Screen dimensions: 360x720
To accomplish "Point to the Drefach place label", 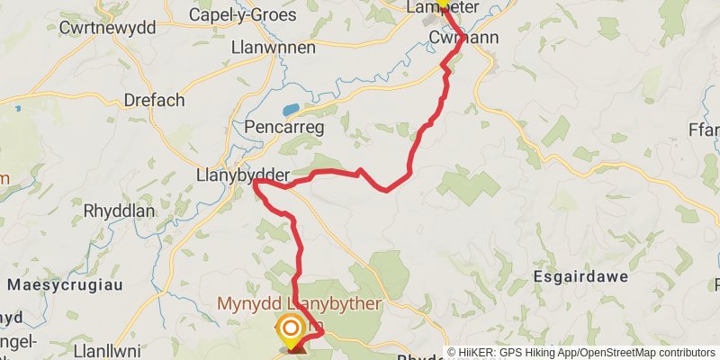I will [155, 100].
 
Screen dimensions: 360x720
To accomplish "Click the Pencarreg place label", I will [283, 128].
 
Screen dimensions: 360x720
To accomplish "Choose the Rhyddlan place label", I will [120, 211].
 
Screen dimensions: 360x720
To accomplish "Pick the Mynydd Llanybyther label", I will [299, 304].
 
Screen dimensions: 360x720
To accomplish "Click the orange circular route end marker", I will [290, 328].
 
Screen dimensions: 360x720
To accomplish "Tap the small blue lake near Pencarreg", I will [292, 110].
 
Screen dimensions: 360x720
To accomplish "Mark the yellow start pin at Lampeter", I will [442, 3].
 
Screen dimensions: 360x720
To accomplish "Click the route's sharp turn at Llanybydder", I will [256, 183].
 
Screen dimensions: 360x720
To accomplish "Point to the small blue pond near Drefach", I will [16, 109].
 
